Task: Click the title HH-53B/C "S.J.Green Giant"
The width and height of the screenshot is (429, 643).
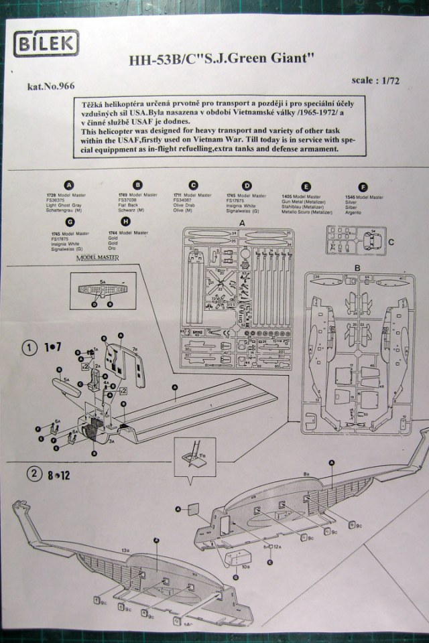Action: (x=222, y=59)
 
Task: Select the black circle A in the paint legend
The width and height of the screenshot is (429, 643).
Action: (x=69, y=186)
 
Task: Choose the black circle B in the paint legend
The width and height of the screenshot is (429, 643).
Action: (x=138, y=186)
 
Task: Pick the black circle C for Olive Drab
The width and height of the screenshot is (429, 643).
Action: (x=193, y=186)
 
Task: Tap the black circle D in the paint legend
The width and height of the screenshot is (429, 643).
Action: (x=247, y=186)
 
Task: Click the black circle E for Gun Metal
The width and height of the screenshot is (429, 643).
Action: (x=306, y=186)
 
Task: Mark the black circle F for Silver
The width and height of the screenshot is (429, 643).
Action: (x=363, y=186)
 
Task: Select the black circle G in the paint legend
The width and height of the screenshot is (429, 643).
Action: (x=70, y=222)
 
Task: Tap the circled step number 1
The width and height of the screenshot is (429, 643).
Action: (x=30, y=349)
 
